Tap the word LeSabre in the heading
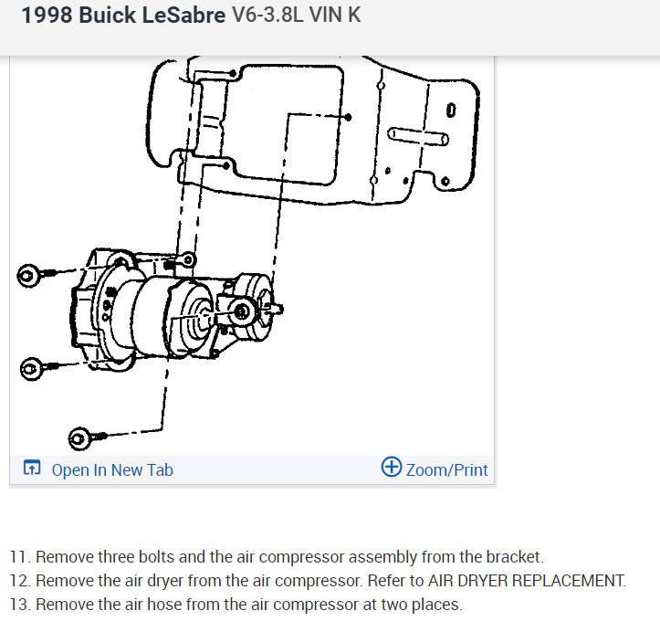click(181, 16)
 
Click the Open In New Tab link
click(111, 469)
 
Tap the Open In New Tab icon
click(32, 469)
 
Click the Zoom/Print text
click(446, 469)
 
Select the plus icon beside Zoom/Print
click(392, 468)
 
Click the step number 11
click(19, 556)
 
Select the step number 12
click(19, 580)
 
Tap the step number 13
click(19, 604)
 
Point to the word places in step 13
click(438, 604)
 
